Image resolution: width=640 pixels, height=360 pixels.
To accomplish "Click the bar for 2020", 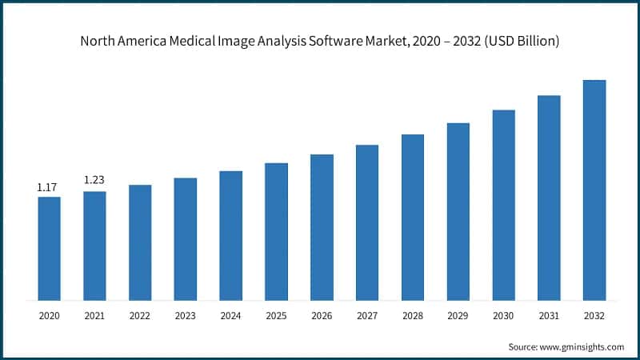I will [49, 249].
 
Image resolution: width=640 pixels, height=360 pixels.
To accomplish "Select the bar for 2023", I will [185, 239].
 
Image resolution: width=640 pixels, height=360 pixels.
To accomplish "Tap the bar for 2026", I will [322, 227].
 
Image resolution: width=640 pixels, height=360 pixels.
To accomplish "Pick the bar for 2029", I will [458, 212].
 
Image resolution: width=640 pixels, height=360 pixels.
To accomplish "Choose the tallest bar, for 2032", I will [594, 190].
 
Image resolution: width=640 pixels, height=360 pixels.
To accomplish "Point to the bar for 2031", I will [549, 198].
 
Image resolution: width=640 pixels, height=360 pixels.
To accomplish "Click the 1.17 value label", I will [48, 187].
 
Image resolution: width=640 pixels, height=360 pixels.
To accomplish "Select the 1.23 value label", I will [94, 180].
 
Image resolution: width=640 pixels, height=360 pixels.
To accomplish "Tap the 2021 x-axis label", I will [94, 317].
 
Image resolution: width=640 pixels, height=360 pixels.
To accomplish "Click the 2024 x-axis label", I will [230, 317].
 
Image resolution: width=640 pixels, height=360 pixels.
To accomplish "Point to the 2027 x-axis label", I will [367, 317].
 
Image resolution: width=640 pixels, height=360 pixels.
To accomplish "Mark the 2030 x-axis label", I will [503, 317].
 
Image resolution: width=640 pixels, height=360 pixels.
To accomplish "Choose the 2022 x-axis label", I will [140, 317].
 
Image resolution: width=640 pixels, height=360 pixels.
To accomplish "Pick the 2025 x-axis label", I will [276, 317].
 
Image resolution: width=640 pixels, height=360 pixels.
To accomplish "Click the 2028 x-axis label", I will [413, 317].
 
